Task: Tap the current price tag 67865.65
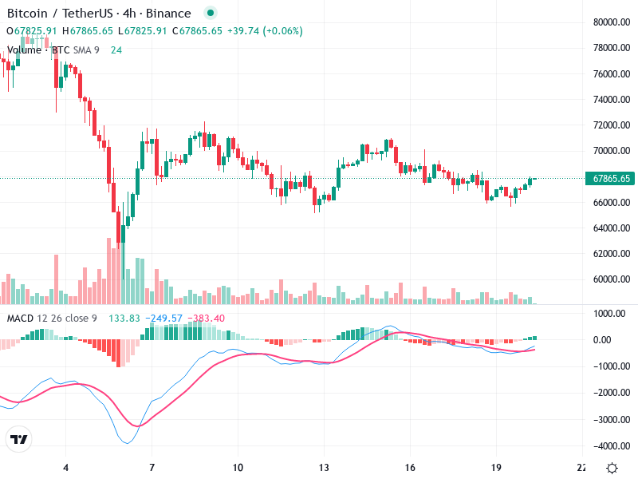608,179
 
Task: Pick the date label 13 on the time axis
323,468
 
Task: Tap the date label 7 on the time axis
152,468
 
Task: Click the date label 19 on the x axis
495,468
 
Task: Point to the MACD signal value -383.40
207,319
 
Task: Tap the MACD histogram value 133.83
124,319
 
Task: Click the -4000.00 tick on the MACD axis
608,445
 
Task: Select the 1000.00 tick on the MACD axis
608,314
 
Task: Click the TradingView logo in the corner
19,439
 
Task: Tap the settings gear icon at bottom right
612,468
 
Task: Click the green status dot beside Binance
210,14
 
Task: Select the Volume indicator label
24,49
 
